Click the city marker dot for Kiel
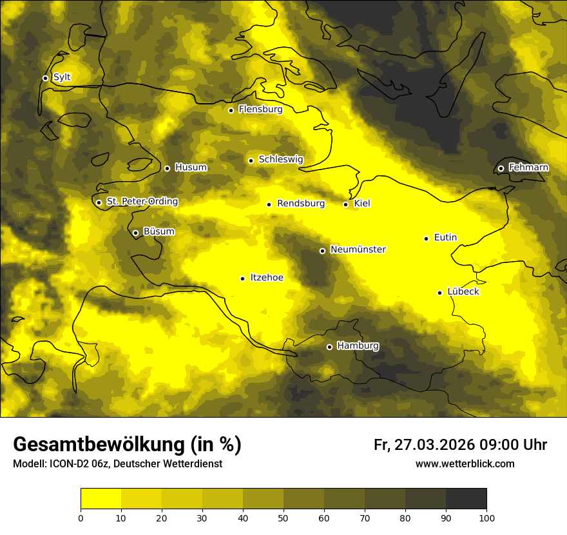pos(345,204)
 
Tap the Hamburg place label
pos(358,346)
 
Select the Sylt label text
pos(62,77)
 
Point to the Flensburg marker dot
pos(231,110)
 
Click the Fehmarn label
pos(528,168)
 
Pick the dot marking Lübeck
pos(439,293)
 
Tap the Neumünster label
pos(358,249)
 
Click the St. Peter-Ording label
pos(142,202)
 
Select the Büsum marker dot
pos(135,233)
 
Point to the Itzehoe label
pos(267,278)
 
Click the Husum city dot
pos(167,168)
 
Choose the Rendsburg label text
pos(301,204)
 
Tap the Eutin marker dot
pos(426,238)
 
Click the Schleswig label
pos(280,159)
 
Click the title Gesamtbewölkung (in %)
pos(127,444)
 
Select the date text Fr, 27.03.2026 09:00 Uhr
pos(460,445)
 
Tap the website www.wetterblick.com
pos(465,464)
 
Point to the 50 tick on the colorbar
pos(283,517)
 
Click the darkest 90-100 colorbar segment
pos(466,498)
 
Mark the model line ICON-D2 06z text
pos(117,464)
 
